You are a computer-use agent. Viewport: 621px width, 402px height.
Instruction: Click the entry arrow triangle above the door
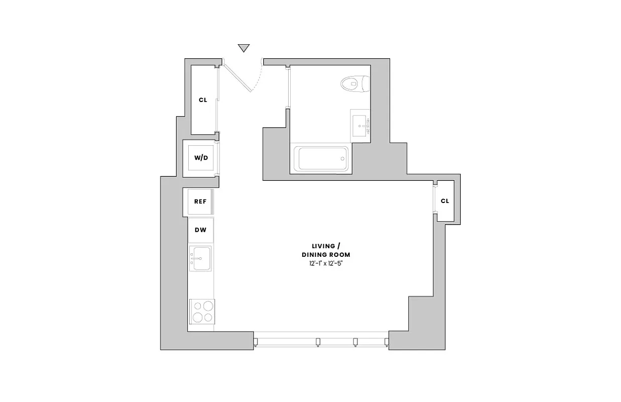point(244,48)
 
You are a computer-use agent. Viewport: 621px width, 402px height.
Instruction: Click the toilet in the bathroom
point(355,83)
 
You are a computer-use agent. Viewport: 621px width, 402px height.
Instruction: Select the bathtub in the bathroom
point(321,159)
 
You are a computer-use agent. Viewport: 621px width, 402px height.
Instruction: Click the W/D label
point(201,158)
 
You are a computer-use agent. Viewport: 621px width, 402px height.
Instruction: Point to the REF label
point(200,202)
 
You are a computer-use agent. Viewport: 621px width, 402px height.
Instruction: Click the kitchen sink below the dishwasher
point(200,258)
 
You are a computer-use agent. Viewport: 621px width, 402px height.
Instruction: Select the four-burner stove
point(201,311)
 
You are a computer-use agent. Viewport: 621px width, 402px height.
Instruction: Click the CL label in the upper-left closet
point(203,100)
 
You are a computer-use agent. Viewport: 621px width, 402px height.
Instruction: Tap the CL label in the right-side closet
point(445,201)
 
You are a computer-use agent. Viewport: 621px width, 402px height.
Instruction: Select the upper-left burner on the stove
point(196,306)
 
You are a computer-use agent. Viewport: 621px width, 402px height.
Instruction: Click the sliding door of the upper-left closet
point(218,99)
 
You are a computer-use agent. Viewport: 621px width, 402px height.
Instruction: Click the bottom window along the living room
point(321,341)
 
